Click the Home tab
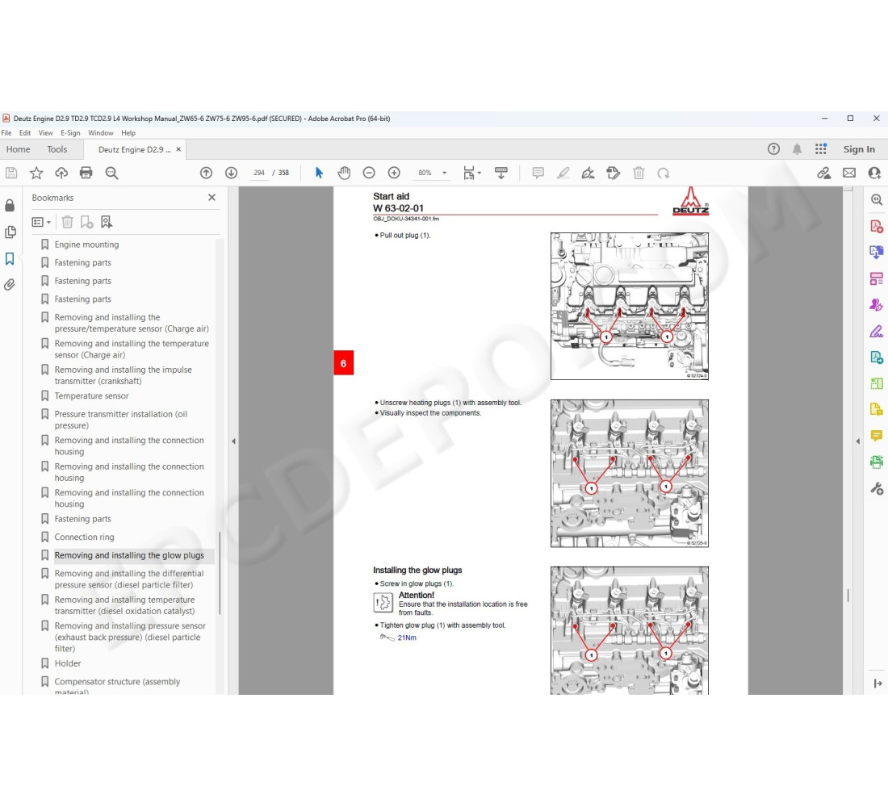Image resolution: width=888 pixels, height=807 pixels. point(18,149)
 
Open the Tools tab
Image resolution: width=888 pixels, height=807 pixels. point(57,149)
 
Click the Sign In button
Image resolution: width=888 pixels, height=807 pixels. point(859,149)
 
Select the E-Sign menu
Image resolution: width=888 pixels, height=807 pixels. point(70,133)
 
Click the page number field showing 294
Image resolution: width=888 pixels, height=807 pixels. point(259,173)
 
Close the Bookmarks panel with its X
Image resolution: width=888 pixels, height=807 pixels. point(212,198)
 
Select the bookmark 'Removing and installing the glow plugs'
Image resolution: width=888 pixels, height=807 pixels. point(129,555)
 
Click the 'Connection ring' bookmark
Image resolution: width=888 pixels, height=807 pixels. point(84,537)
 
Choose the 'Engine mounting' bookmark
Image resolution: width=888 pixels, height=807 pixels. point(86,245)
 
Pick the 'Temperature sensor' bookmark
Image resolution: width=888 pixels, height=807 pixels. point(91,396)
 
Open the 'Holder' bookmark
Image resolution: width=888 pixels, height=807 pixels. point(68,663)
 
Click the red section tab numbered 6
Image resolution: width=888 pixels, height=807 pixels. point(343,364)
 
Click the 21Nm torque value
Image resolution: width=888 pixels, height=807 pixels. point(407,638)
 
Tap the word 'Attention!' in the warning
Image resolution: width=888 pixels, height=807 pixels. point(417,596)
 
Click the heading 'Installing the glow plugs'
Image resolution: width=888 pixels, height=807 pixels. point(417,570)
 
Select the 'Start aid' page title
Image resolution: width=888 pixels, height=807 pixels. point(392,196)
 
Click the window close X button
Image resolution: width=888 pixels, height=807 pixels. point(877,119)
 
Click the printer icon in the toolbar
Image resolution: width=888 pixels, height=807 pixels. point(86,173)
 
